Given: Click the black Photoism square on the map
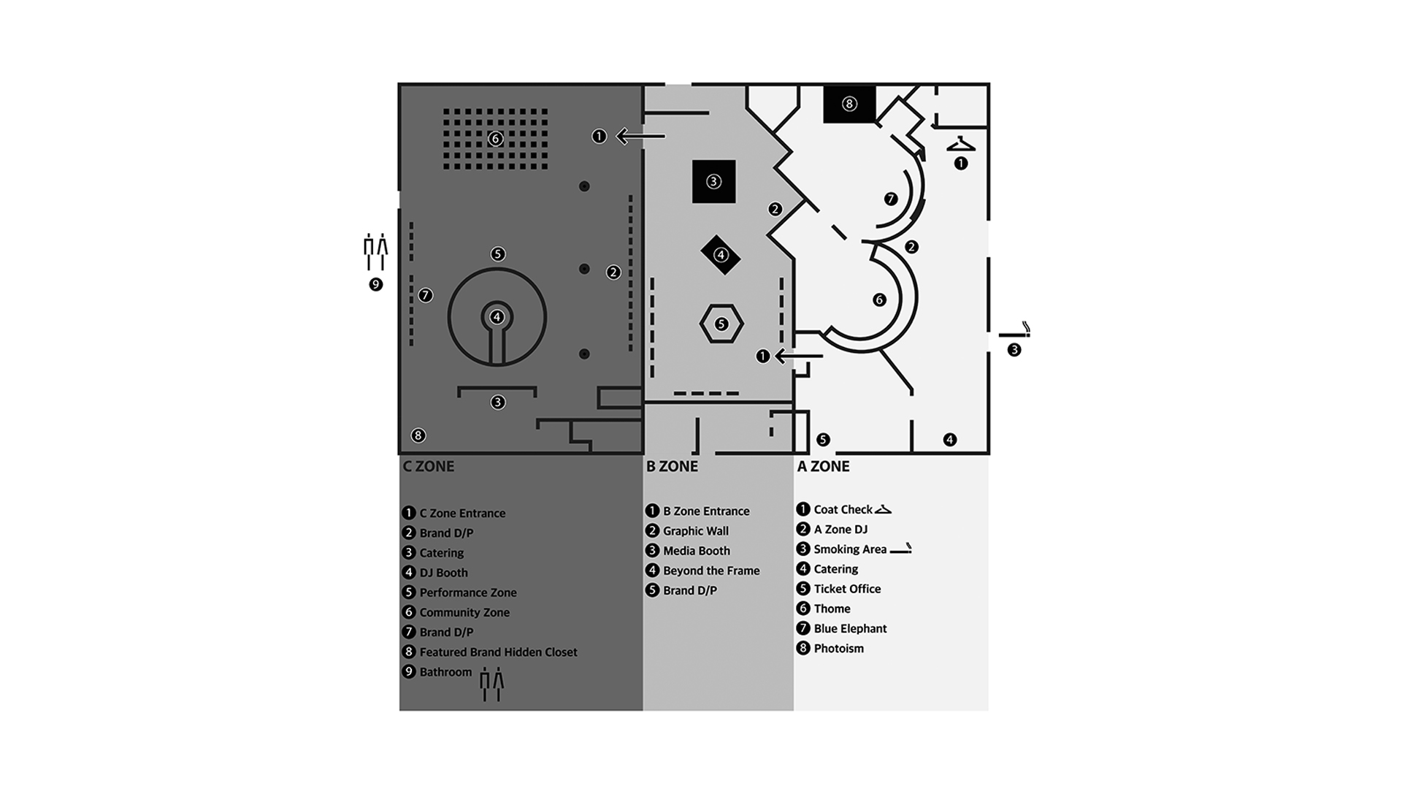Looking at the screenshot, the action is pos(849,104).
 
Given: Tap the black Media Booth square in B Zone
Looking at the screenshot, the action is pos(713,181).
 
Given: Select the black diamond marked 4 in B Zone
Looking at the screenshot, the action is pos(721,255).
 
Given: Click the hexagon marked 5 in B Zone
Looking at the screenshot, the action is pos(721,324).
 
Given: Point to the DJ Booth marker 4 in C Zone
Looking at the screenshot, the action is pos(497,317).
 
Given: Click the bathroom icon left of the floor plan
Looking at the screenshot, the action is pos(375,251).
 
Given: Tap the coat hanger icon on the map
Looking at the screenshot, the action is pos(961,145).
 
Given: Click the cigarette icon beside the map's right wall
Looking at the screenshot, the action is pos(1015,331).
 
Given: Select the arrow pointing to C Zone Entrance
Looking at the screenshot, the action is pos(640,136).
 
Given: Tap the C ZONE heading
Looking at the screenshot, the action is pos(429,466).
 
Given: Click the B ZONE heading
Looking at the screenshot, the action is pos(672,466).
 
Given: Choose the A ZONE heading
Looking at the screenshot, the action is pos(823,466).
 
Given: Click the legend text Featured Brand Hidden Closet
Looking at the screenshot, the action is pos(498,652).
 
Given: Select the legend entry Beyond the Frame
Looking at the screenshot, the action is pos(711,571).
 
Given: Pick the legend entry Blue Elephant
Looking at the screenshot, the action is pos(850,628).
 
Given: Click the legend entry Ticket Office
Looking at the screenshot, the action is pos(847,589).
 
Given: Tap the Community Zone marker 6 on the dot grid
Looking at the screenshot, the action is pos(495,138).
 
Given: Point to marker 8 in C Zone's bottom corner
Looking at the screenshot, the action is pos(418,435).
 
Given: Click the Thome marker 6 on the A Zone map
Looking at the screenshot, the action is pos(879,300).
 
